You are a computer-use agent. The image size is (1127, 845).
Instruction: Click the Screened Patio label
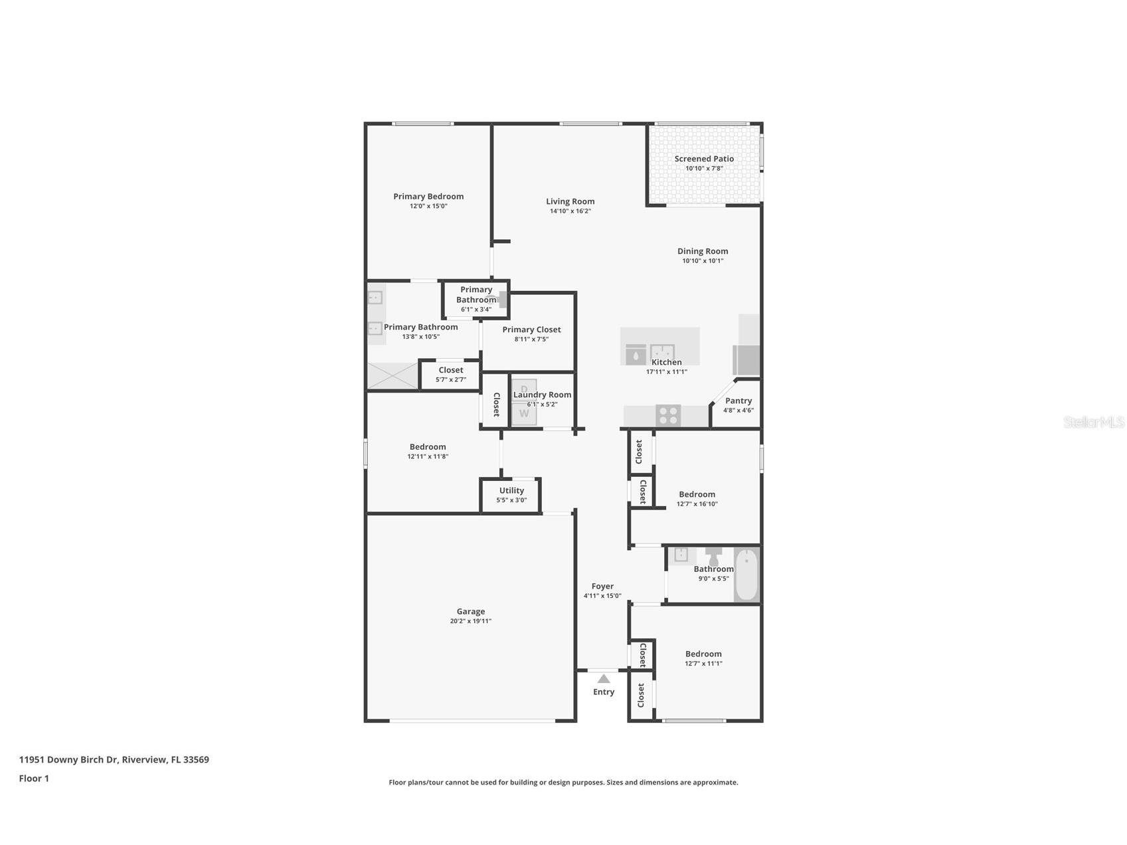[704, 159]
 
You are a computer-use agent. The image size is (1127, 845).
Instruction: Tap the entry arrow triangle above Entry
[604, 679]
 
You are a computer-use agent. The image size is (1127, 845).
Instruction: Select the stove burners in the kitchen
[668, 416]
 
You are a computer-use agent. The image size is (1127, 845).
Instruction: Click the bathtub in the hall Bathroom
[747, 575]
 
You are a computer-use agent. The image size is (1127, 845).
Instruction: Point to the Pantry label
[738, 401]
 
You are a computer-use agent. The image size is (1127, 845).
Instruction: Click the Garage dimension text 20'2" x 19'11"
[470, 621]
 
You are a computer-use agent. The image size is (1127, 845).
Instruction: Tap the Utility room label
[511, 490]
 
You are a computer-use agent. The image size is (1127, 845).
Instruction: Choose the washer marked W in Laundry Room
[524, 414]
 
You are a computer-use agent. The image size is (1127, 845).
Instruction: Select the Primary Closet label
[531, 329]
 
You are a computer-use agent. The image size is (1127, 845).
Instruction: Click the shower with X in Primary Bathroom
[392, 376]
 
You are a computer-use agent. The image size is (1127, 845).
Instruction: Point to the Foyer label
[602, 586]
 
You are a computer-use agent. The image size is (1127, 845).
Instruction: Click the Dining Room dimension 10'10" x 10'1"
[703, 261]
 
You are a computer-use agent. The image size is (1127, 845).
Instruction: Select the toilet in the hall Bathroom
[714, 556]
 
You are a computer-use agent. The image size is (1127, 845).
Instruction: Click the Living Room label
[570, 201]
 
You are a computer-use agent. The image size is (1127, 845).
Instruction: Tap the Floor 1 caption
[34, 779]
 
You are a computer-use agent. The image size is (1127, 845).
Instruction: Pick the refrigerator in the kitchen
[747, 360]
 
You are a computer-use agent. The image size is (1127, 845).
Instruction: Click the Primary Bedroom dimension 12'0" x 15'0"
[428, 206]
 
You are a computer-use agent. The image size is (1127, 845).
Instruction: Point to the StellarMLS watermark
[1093, 422]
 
